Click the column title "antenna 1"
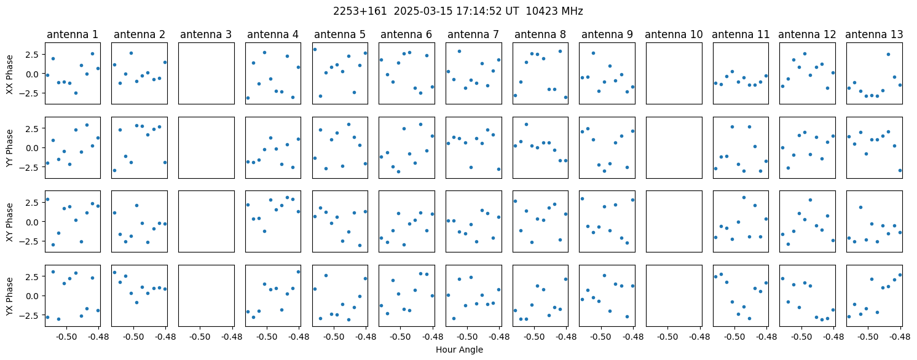pos(73,35)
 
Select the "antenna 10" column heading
pos(674,35)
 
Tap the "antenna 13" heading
pos(874,35)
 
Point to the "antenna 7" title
pos(473,35)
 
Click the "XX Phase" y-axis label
pos(9,74)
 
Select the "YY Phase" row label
pos(9,148)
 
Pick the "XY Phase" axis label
pos(9,222)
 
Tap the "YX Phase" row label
pos(9,296)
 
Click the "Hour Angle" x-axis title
pos(459,350)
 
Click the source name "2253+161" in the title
pos(360,12)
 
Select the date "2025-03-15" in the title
pos(423,12)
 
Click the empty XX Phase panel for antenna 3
pos(207,74)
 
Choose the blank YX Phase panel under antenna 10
pos(674,295)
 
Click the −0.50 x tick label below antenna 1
pos(67,337)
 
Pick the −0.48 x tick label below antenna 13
pos(900,337)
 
